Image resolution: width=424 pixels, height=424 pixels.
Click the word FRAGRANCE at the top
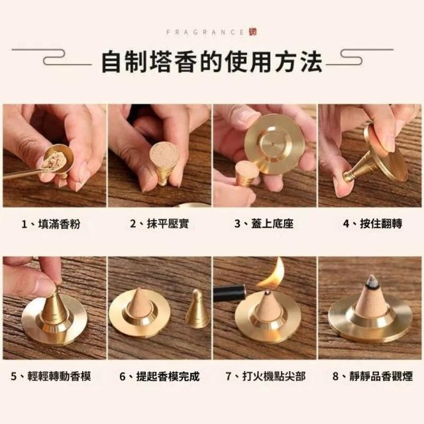(205, 32)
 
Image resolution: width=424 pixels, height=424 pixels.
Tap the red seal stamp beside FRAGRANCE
(253, 32)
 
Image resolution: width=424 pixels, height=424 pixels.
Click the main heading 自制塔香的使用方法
(212, 62)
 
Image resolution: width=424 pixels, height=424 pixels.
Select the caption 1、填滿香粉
(51, 224)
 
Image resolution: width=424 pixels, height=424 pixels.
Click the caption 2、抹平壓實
(159, 224)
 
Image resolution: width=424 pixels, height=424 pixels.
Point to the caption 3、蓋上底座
(264, 224)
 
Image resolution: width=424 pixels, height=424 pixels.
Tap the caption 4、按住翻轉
(372, 224)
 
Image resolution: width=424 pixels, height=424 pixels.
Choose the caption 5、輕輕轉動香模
(51, 376)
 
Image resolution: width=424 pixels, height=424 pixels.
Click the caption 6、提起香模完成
(160, 376)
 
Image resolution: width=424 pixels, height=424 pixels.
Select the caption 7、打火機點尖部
(266, 376)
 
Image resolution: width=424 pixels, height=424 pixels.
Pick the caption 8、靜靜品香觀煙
(372, 376)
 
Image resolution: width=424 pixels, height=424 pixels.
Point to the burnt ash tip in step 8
(372, 281)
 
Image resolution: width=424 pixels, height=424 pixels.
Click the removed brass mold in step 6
(197, 309)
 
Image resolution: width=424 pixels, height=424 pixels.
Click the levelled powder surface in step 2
(165, 154)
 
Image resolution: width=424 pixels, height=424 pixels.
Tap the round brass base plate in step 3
(274, 144)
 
